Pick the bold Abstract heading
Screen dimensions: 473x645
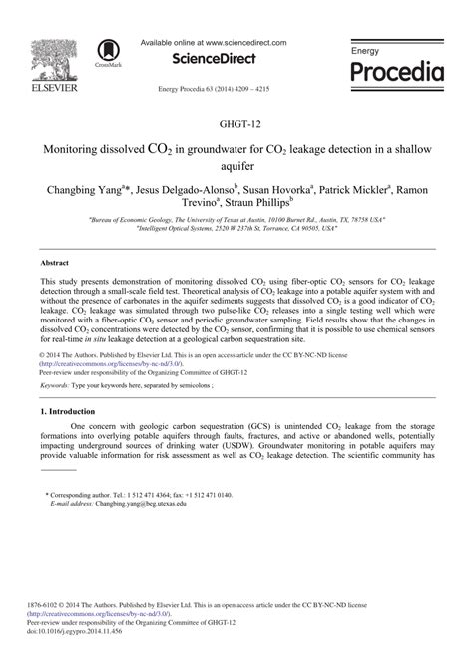coord(54,261)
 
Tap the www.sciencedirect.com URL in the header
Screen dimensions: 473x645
coord(243,43)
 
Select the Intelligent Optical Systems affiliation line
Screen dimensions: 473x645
coord(236,226)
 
